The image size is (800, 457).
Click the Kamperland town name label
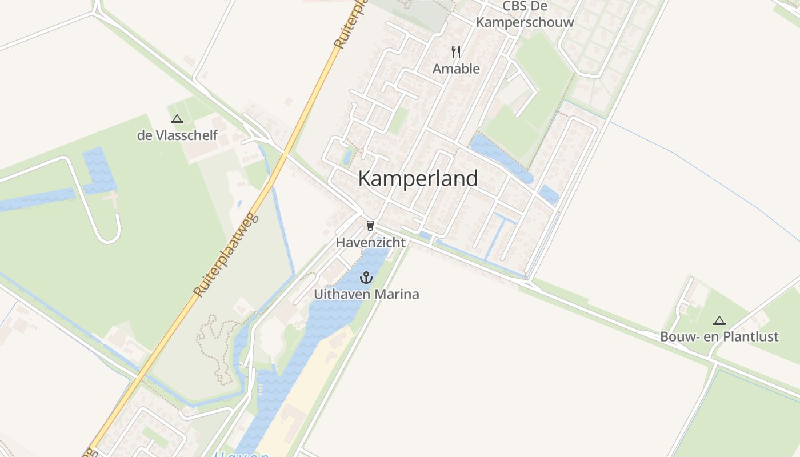click(x=418, y=178)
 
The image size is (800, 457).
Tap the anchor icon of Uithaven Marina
click(x=366, y=278)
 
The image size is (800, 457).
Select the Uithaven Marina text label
click(x=366, y=295)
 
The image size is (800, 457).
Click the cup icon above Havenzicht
click(x=370, y=225)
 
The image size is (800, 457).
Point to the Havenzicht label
click(x=370, y=242)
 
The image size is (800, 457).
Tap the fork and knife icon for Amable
click(x=456, y=52)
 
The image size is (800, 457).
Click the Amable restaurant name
click(x=456, y=69)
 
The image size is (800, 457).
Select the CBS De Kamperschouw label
click(x=525, y=14)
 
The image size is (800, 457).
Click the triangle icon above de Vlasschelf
click(x=177, y=119)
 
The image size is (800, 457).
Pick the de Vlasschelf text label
click(x=177, y=135)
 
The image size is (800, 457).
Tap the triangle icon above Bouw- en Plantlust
click(x=719, y=320)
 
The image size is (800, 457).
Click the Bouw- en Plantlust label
click(x=719, y=336)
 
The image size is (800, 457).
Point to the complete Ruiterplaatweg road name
click(x=226, y=255)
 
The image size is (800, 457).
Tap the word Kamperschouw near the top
click(x=525, y=22)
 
